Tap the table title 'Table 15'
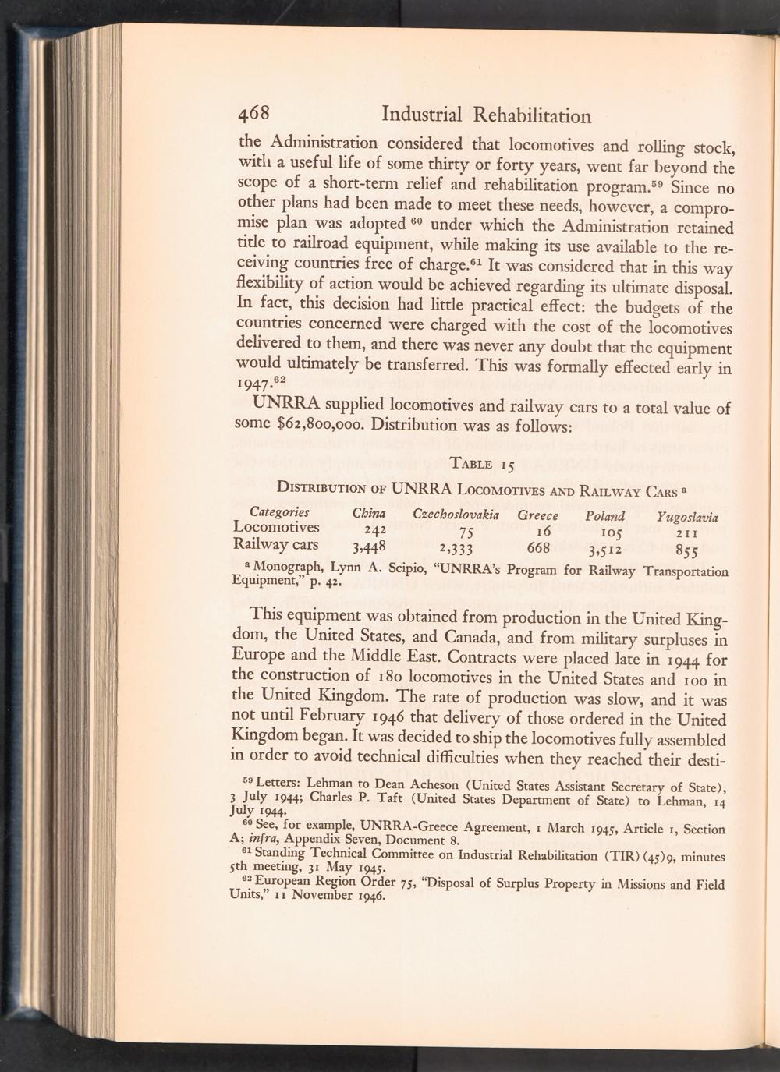pos(480,465)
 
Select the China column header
pos(369,513)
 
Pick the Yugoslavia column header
pos(687,517)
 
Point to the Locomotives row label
pos(276,528)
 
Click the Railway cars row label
pos(276,544)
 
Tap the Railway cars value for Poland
pos(606,547)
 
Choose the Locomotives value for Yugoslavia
pos(686,533)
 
